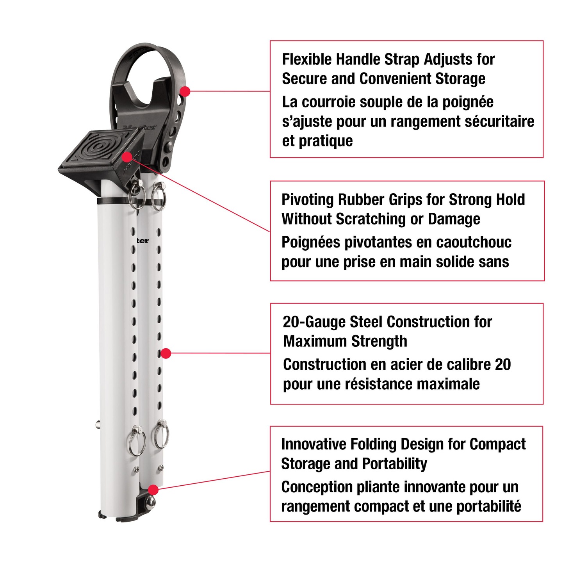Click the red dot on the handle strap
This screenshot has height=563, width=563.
185,91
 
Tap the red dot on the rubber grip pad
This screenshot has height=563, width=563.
127,157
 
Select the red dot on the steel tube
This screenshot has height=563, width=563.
166,353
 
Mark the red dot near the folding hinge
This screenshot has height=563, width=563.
153,490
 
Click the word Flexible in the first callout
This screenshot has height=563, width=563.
307,59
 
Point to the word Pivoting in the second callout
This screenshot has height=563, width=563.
307,200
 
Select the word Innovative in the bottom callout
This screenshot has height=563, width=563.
314,444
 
